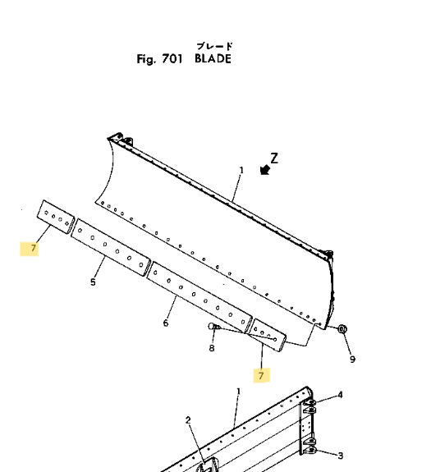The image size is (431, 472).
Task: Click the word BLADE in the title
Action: tap(213, 58)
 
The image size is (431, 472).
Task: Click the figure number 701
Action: tap(172, 59)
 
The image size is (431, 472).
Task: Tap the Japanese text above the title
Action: tap(214, 46)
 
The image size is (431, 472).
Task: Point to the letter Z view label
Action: tap(274, 158)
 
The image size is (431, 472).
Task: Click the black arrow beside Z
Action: tap(265, 170)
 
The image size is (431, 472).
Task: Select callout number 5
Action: tap(93, 282)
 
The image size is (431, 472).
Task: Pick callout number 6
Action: tap(166, 323)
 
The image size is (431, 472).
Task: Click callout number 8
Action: tap(212, 348)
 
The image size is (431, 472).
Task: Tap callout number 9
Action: tap(352, 359)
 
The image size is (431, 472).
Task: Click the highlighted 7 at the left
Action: tap(33, 248)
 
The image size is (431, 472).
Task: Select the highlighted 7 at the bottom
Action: tap(261, 375)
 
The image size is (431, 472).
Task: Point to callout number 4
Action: tap(340, 395)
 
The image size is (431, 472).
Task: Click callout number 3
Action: tap(340, 456)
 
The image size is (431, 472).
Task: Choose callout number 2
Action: tap(188, 420)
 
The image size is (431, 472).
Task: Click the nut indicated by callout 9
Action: tap(342, 328)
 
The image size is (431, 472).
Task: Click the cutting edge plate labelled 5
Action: tap(111, 247)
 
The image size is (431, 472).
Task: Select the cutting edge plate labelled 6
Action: tap(199, 297)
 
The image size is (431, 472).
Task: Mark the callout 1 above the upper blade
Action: tap(241, 171)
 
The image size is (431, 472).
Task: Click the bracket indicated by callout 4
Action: tap(310, 406)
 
